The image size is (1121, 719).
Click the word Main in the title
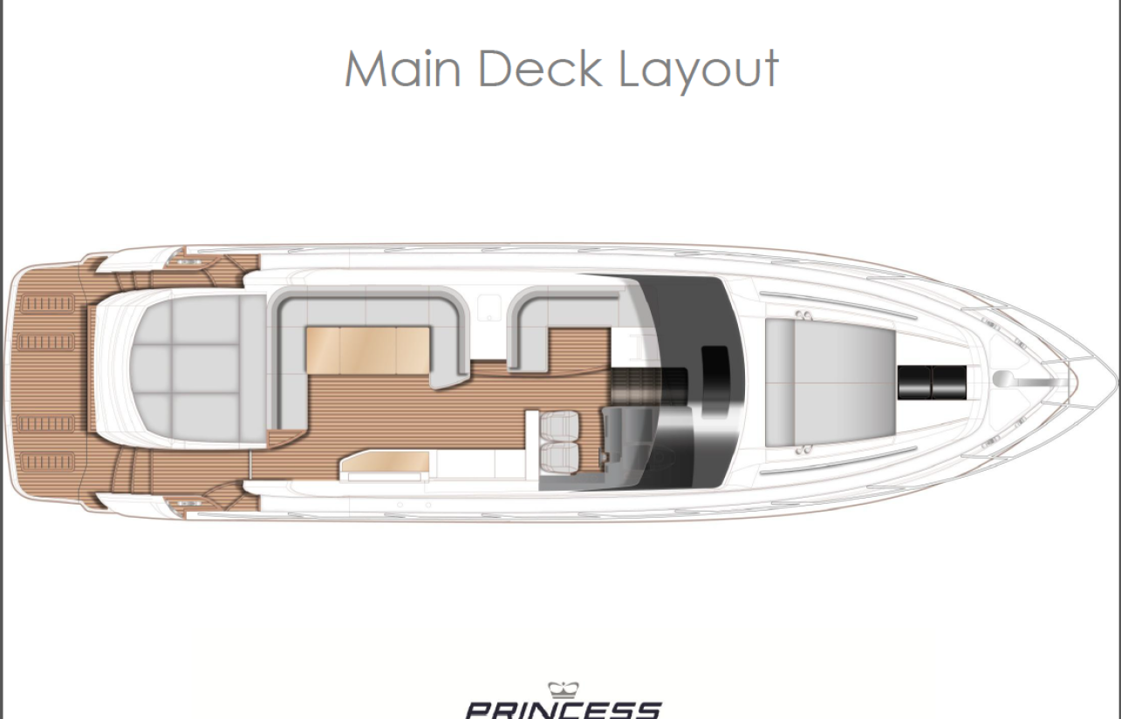(402, 69)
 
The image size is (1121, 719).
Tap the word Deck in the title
(541, 69)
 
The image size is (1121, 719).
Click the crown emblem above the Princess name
(564, 690)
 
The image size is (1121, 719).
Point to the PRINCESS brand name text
(564, 710)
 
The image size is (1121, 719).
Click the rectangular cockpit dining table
(368, 350)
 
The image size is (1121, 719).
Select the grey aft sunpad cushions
(198, 369)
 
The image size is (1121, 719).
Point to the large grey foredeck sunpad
(830, 383)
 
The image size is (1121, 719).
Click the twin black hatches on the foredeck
(932, 382)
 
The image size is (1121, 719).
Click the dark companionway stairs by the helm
(649, 385)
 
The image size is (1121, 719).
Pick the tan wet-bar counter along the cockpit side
(385, 463)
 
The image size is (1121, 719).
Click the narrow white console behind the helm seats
(532, 444)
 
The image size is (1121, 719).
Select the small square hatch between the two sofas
(489, 307)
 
